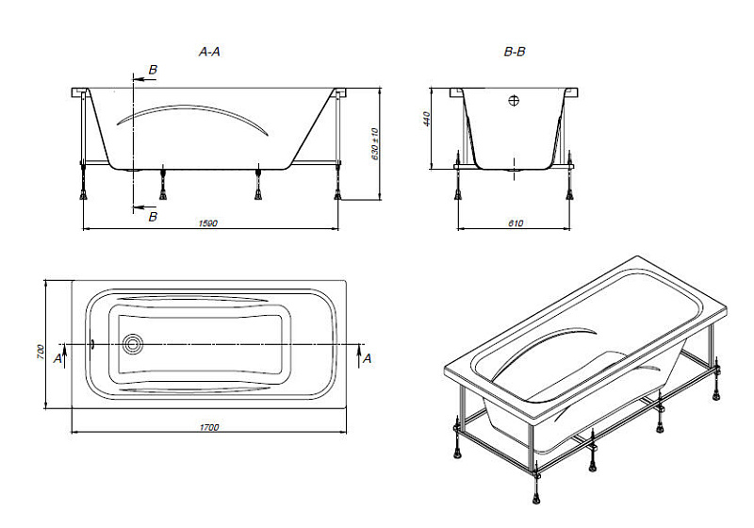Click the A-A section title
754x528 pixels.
click(x=209, y=53)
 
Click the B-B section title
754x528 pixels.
click(x=515, y=53)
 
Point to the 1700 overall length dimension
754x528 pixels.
click(x=210, y=427)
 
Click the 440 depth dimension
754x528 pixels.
click(x=426, y=120)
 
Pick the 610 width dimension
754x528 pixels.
click(x=515, y=223)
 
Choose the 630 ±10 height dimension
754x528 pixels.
click(x=374, y=143)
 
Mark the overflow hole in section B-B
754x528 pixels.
click(x=515, y=100)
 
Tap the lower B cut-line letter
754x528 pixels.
click(x=154, y=218)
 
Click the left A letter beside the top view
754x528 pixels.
click(x=57, y=359)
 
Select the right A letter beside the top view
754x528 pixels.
click(x=368, y=358)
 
